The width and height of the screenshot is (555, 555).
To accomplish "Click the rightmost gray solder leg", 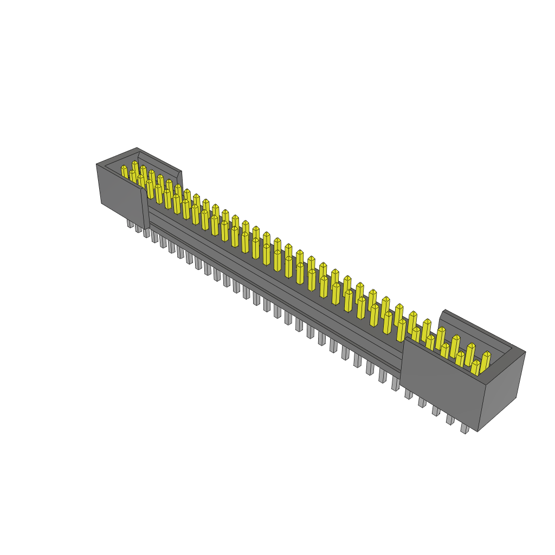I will [x=464, y=428].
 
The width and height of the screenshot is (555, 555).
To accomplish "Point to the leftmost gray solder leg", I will [x=130, y=223].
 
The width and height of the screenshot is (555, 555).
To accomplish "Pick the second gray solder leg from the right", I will [x=450, y=420].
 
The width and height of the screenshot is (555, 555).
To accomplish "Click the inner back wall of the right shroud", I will [x=477, y=331].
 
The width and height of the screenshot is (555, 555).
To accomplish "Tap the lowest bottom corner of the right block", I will [x=477, y=431].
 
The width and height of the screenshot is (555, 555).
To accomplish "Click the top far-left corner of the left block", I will [x=96, y=164].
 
